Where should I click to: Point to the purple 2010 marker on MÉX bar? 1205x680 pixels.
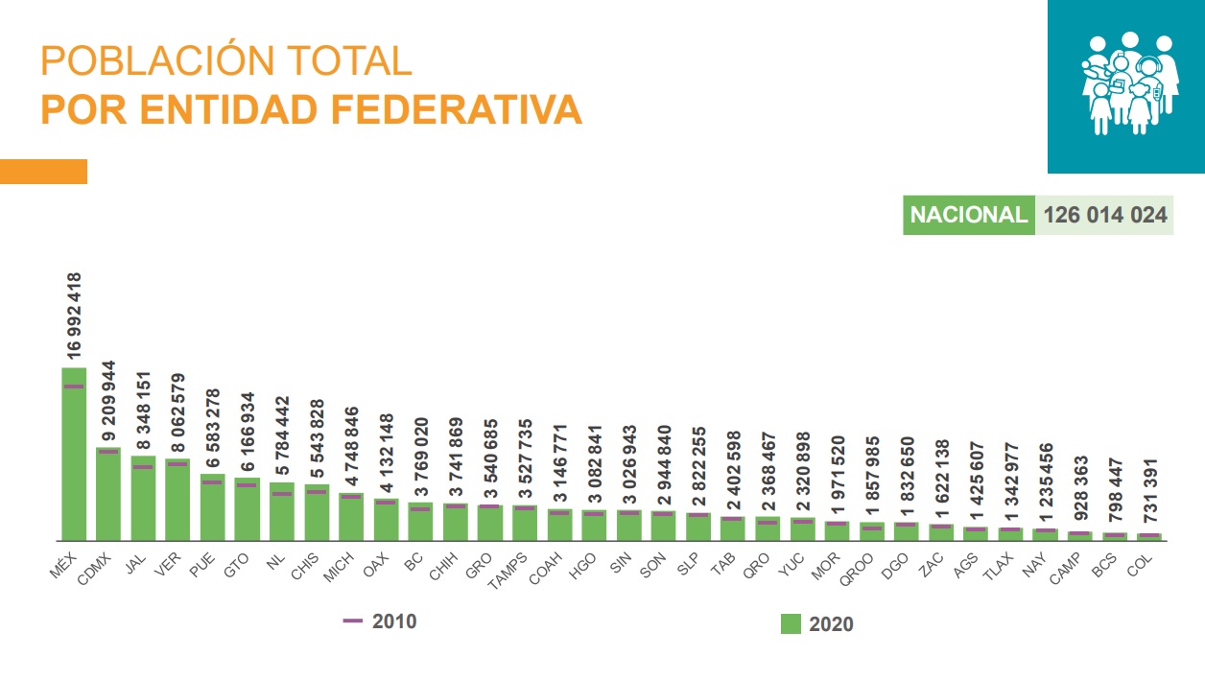pyautogui.click(x=74, y=387)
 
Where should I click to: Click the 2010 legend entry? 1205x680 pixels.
pyautogui.click(x=380, y=621)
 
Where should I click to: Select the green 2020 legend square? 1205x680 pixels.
pyautogui.click(x=791, y=624)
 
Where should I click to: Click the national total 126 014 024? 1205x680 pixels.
pyautogui.click(x=1105, y=215)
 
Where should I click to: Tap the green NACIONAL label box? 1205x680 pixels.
pyautogui.click(x=968, y=215)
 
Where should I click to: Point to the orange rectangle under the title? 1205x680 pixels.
pyautogui.click(x=43, y=172)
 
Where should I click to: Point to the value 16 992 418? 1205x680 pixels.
pyautogui.click(x=75, y=316)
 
